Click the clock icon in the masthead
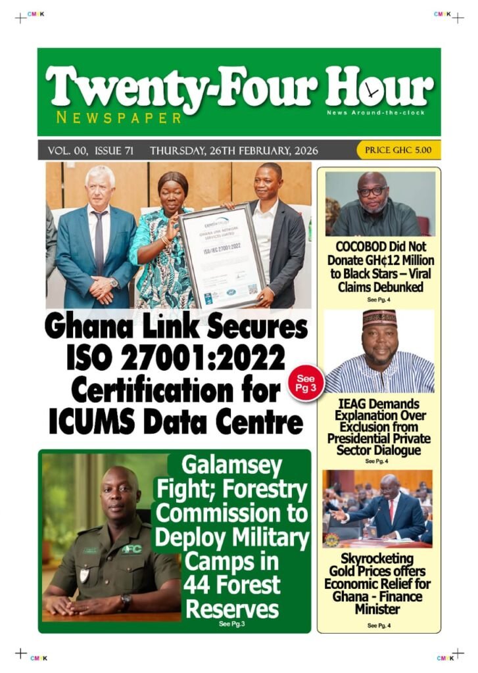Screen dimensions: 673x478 pyautogui.click(x=373, y=91)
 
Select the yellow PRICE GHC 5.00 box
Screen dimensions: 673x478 pyautogui.click(x=398, y=150)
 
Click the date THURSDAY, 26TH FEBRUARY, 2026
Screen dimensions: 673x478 pyautogui.click(x=233, y=151)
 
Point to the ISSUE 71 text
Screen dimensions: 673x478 pyautogui.click(x=114, y=151)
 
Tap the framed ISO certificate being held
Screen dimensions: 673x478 pyautogui.click(x=222, y=255)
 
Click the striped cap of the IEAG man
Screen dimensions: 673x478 pyautogui.click(x=379, y=318)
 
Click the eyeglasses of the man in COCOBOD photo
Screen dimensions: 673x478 pyautogui.click(x=373, y=191)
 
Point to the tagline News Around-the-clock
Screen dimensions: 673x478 pyautogui.click(x=375, y=112)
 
